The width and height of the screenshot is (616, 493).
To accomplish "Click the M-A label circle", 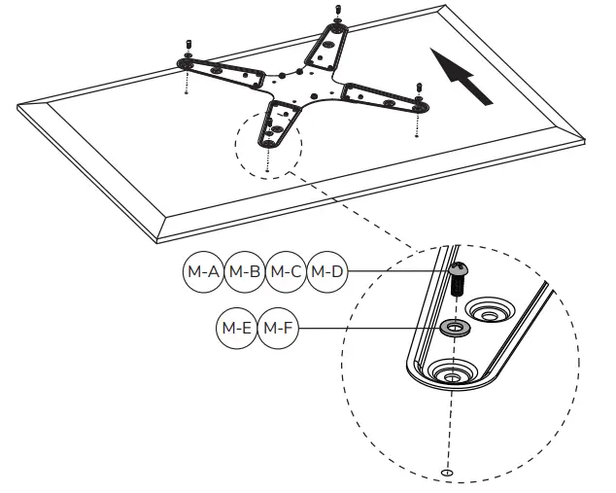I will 203,272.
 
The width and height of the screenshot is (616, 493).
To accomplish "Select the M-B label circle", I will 244,272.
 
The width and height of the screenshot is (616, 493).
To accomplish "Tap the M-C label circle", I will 286,272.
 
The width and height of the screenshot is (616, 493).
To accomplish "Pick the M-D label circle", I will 326,272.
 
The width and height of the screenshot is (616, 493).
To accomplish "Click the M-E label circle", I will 236,329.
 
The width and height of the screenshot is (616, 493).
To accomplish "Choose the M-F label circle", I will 278,329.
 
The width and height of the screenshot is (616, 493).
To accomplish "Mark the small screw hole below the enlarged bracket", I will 447,473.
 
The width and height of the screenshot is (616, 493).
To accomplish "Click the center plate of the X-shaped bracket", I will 301,87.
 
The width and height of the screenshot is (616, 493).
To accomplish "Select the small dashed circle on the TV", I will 268,144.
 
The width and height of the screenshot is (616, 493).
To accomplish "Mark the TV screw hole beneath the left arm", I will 186,94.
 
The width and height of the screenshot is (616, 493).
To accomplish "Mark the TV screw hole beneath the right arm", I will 418,135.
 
